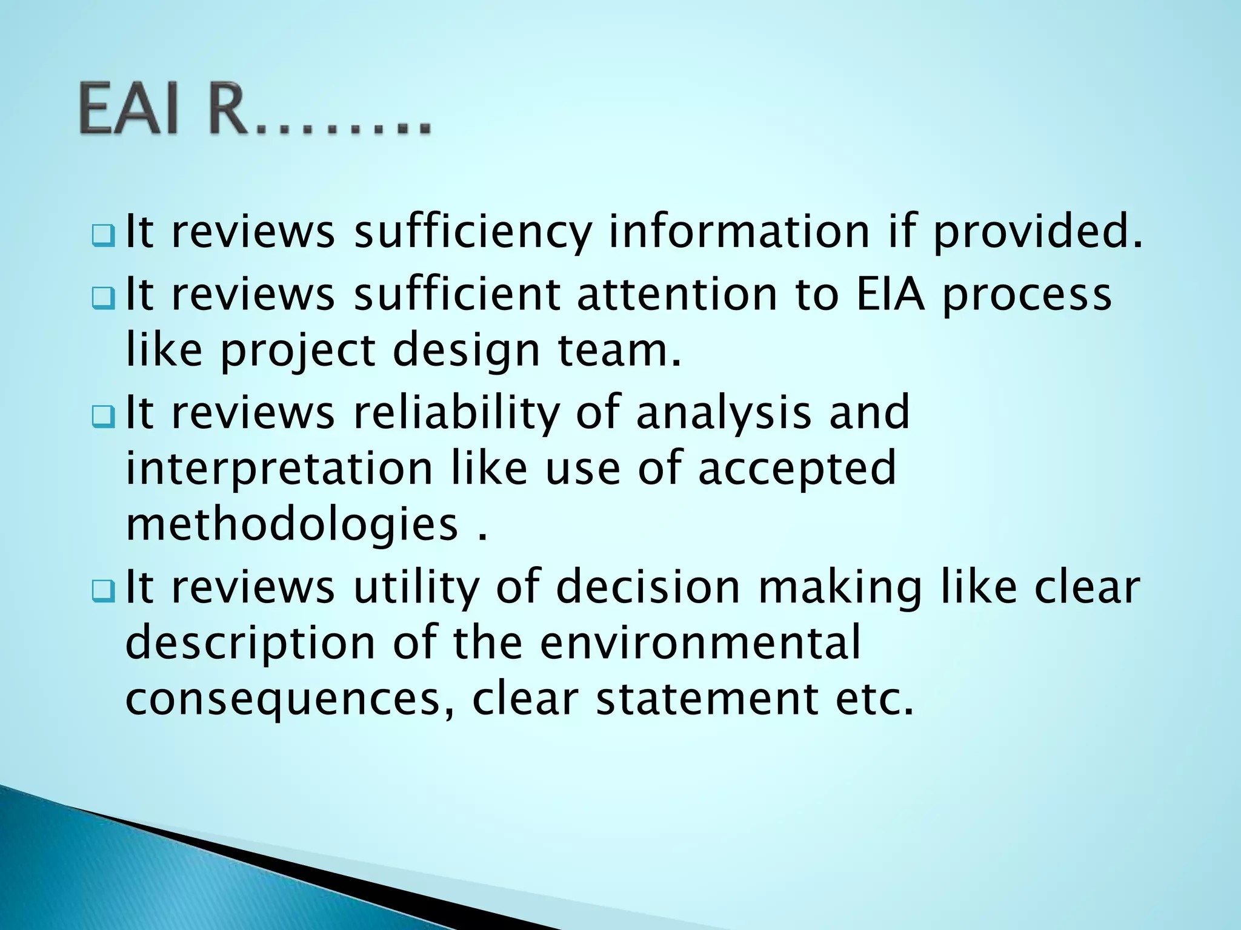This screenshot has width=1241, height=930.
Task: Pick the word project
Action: [x=298, y=351]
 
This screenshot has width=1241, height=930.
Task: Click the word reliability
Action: [x=456, y=412]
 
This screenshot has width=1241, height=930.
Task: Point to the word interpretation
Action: [x=279, y=468]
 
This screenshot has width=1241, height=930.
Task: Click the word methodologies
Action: [x=291, y=525]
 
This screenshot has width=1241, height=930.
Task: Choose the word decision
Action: [x=648, y=587]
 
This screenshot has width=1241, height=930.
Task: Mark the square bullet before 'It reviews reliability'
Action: [x=103, y=417]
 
